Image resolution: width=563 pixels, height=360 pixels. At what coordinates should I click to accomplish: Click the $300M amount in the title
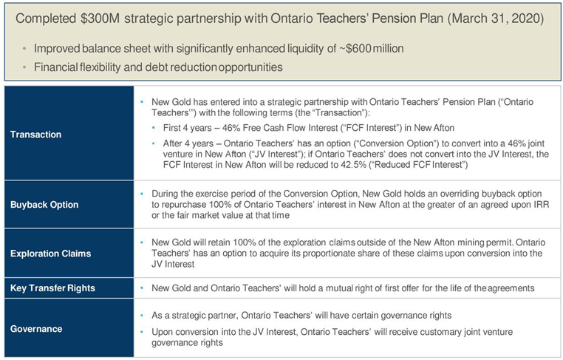100,18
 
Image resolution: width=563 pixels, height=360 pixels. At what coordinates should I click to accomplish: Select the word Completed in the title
46,18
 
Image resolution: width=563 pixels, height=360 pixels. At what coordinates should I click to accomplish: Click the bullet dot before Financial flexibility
24,67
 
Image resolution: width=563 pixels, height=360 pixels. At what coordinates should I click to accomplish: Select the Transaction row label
36,135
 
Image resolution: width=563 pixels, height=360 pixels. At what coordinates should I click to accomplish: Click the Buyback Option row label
44,205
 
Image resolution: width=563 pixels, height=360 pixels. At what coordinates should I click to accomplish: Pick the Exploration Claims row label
51,254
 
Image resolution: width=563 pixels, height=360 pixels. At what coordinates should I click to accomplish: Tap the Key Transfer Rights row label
52,288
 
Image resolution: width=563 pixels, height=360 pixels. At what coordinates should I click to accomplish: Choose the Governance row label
36,329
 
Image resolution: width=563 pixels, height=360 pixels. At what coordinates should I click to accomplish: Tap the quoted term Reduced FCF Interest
420,165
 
